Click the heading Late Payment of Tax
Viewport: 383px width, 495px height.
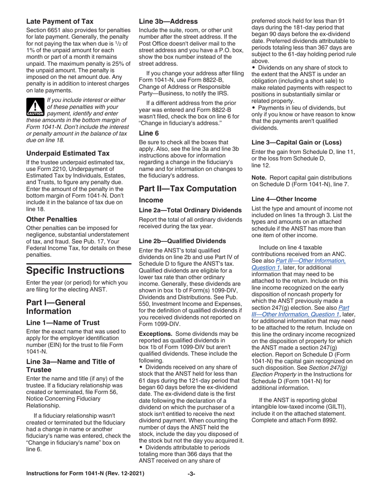pos(60,21)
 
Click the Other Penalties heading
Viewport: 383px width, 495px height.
pos(51,219)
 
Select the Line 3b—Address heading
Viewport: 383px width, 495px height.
pos(168,21)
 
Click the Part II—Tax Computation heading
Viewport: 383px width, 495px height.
pos(187,188)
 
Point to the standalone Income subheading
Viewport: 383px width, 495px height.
pos(151,200)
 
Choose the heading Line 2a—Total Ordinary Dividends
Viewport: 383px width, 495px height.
pos(190,210)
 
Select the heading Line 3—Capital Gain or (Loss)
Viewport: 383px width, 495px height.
pos(296,142)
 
